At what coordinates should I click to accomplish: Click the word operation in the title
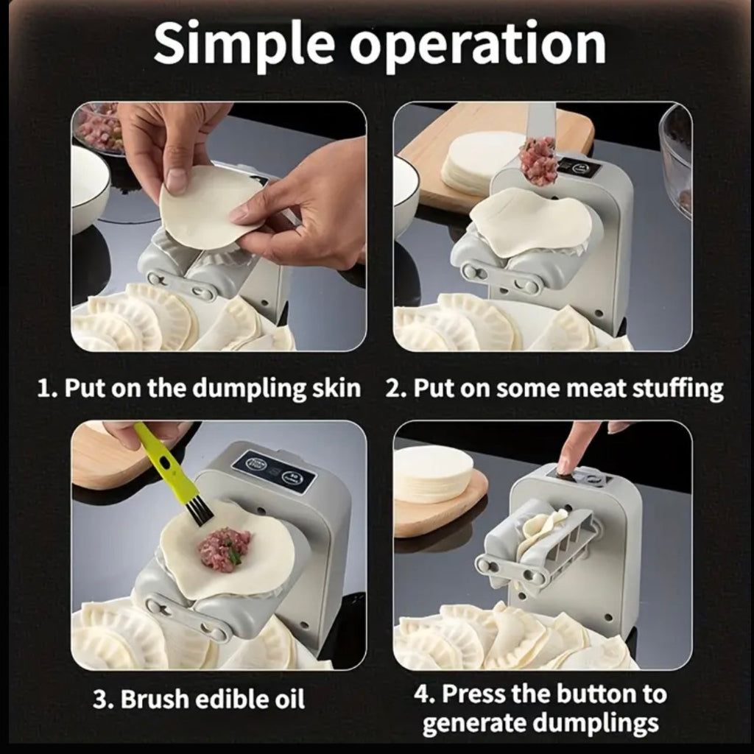[477, 46]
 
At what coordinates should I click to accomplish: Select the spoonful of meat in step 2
[538, 160]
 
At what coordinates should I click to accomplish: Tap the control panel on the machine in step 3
[273, 471]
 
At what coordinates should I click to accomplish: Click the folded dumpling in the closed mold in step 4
[541, 530]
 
